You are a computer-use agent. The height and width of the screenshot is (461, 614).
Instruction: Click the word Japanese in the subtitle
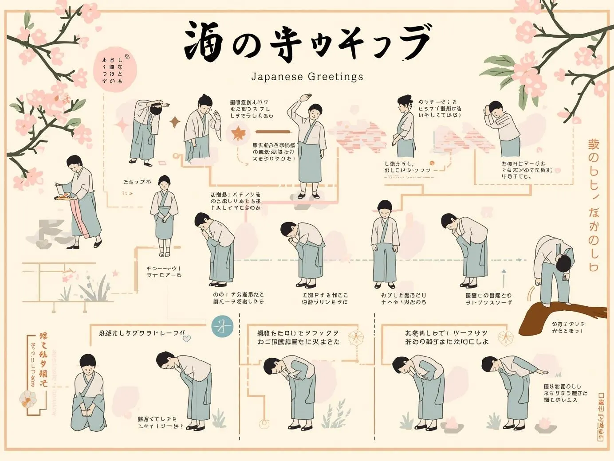(272, 76)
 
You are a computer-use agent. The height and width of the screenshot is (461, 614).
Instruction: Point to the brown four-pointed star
(175, 122)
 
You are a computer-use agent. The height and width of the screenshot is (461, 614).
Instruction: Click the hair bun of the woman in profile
(402, 99)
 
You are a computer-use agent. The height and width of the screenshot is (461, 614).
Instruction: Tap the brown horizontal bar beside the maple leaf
(272, 132)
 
